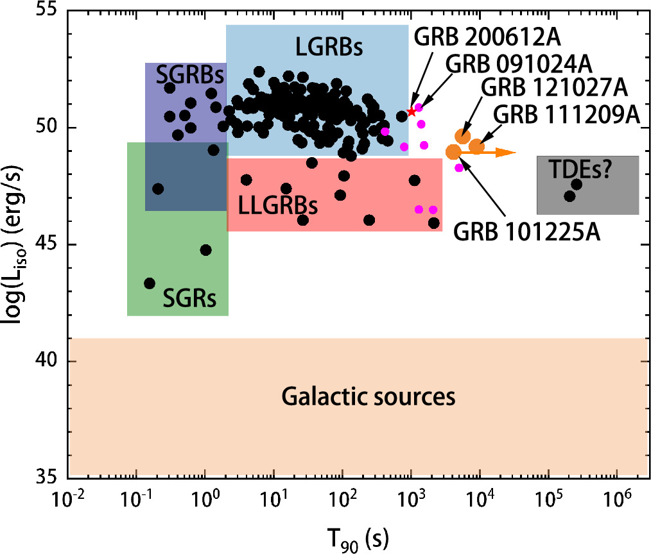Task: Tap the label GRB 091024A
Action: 519,64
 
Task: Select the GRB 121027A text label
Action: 555,87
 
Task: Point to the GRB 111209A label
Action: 567,114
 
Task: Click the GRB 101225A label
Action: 527,231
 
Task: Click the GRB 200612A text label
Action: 487,38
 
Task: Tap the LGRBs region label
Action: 329,47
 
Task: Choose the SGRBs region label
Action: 190,75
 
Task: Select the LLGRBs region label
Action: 278,205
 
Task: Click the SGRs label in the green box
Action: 189,298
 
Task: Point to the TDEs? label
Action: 580,169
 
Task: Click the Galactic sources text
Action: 369,396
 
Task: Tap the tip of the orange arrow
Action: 516,153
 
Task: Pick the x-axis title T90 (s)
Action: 358,540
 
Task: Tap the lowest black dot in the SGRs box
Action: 150,283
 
